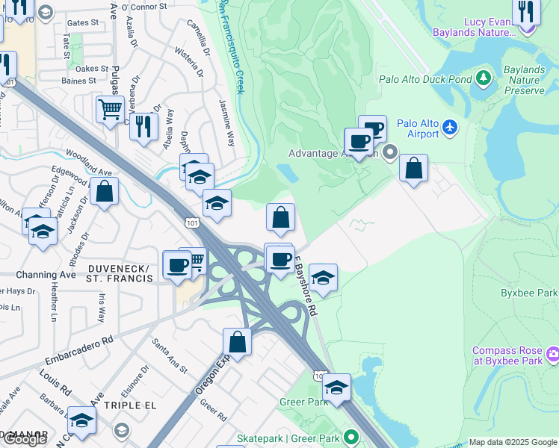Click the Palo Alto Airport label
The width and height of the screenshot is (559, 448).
pyautogui.click(x=418, y=128)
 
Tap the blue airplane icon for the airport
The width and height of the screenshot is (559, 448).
pyautogui.click(x=450, y=128)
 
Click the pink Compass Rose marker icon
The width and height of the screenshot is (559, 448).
pyautogui.click(x=553, y=353)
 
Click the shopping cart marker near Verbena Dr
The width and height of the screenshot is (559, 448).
pyautogui.click(x=110, y=110)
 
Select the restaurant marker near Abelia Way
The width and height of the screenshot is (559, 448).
pyautogui.click(x=143, y=125)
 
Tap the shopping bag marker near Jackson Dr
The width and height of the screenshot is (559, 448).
pyautogui.click(x=105, y=190)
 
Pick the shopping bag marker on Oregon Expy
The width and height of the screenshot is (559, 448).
pyautogui.click(x=237, y=342)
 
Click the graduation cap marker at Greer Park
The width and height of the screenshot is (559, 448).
pyautogui.click(x=336, y=387)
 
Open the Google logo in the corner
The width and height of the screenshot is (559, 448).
pyautogui.click(x=25, y=439)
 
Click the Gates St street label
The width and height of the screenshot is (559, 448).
pyautogui.click(x=82, y=23)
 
